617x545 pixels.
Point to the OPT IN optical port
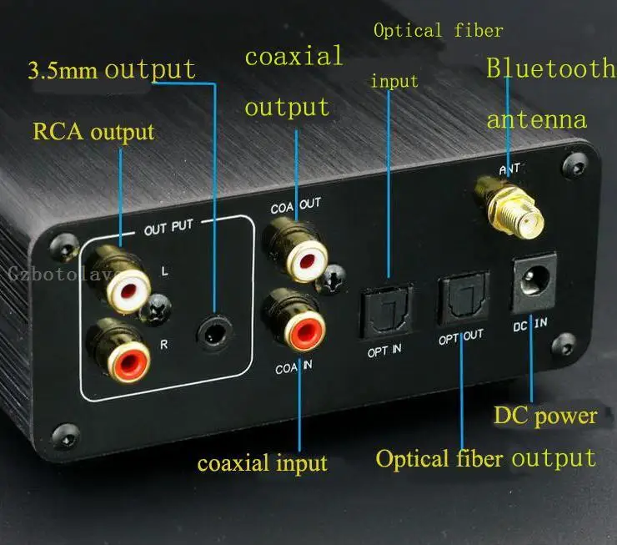(x=384, y=310)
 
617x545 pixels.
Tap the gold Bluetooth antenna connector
(x=509, y=206)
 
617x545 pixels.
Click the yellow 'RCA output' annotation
(x=93, y=131)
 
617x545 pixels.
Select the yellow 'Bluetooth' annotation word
(x=549, y=68)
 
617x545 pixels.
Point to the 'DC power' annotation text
(x=545, y=415)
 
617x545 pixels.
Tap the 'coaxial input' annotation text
(x=262, y=462)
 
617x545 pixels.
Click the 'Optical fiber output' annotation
(x=485, y=458)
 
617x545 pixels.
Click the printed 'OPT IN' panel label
(x=384, y=348)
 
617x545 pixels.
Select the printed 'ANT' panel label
(x=509, y=170)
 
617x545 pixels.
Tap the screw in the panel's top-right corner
(x=573, y=164)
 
